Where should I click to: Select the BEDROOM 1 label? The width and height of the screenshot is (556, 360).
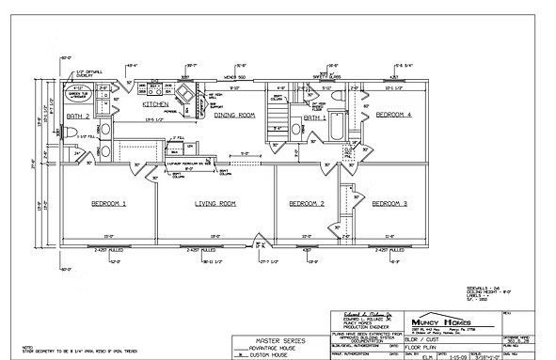click(x=110, y=203)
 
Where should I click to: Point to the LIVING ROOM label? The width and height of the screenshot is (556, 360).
click(x=214, y=203)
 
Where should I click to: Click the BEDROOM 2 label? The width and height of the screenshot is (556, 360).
click(x=307, y=203)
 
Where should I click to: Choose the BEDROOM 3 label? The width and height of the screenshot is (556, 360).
click(x=389, y=203)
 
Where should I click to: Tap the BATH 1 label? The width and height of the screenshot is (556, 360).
click(x=315, y=117)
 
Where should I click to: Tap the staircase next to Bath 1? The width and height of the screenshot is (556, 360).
click(x=277, y=118)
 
